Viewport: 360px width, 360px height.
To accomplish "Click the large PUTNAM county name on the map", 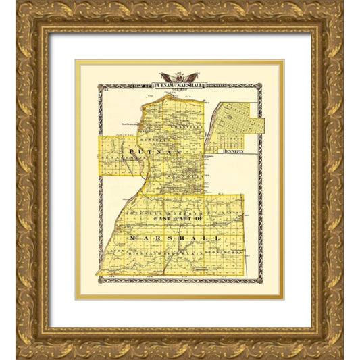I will (155, 156).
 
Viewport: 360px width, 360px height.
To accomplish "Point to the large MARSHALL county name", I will (177, 240).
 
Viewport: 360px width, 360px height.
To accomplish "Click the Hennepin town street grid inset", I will (234, 126).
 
